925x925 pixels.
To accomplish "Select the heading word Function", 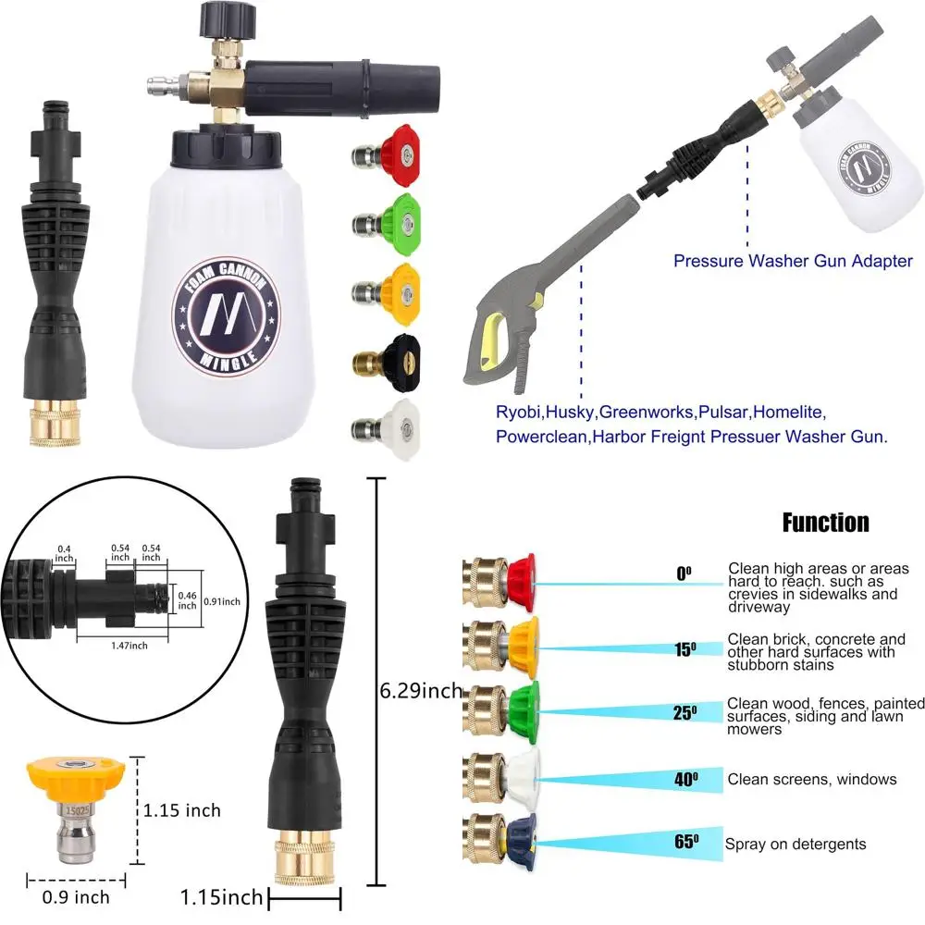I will [x=825, y=523].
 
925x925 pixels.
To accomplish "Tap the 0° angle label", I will [x=684, y=573].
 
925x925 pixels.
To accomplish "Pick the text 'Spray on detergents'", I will [x=795, y=844].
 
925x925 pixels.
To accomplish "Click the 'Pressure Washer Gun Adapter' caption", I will [x=793, y=261].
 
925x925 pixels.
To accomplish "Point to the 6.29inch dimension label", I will [x=420, y=690].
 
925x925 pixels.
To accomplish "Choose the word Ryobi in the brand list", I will [x=516, y=413].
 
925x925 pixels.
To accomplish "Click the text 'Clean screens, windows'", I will [x=811, y=779].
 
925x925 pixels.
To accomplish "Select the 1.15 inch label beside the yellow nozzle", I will [x=182, y=810].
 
